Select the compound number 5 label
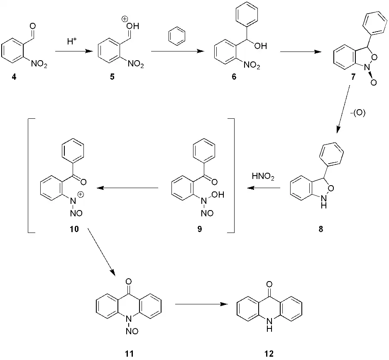(x=112, y=78)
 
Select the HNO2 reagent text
(x=262, y=177)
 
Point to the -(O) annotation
(x=357, y=113)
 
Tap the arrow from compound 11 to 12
(x=201, y=304)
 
